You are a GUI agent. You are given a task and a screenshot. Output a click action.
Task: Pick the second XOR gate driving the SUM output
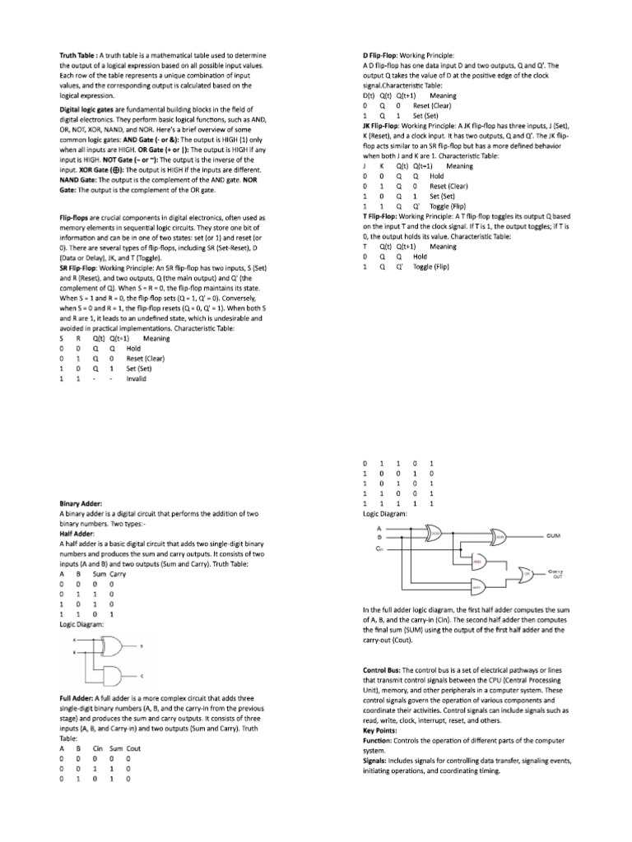[500, 535]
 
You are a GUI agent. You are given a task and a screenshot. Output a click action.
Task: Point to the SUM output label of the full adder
[553, 535]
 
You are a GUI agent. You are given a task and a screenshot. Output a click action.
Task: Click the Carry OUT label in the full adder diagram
[557, 572]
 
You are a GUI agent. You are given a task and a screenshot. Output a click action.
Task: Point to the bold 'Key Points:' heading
[381, 730]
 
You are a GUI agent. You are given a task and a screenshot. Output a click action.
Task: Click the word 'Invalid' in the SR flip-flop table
[136, 379]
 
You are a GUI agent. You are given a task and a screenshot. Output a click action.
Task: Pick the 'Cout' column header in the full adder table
[133, 748]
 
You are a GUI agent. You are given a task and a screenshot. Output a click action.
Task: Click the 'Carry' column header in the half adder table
[118, 574]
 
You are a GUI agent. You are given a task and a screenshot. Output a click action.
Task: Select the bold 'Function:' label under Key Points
[379, 740]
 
